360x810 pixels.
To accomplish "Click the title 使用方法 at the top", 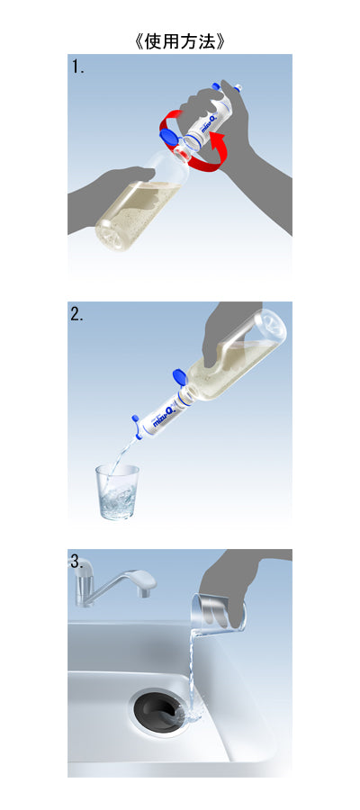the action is coord(180,41).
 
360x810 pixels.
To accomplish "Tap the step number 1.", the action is coord(77,67).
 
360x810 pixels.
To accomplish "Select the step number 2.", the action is coord(77,315).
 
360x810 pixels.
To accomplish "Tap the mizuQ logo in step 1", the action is coord(211,124).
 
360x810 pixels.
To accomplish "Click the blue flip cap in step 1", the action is coord(168,137).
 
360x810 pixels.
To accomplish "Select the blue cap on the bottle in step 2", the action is coord(179,376).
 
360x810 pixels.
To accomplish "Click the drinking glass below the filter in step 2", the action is coord(118,490).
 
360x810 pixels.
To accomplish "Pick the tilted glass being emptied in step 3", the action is coord(218,615).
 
